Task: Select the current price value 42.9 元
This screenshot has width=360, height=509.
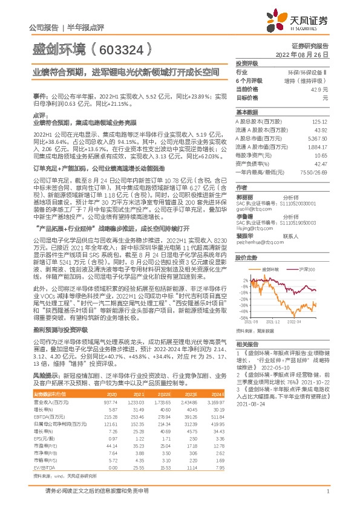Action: tap(320, 89)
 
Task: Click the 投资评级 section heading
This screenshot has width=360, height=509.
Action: tap(247, 63)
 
